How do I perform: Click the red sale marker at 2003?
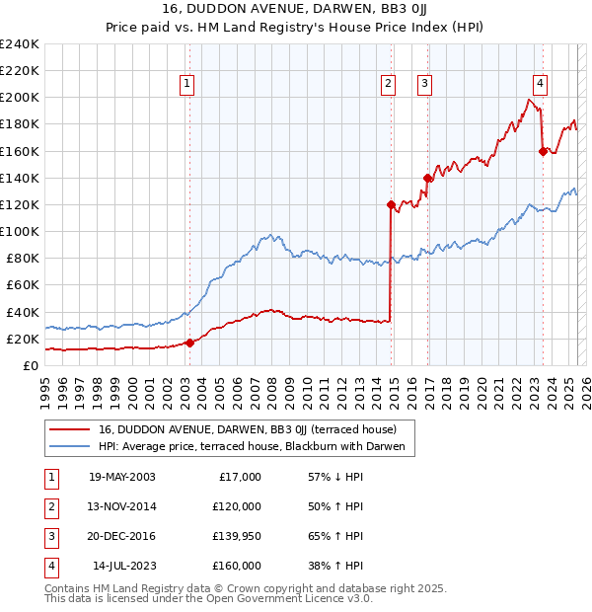[x=189, y=343]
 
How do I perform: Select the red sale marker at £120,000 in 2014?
[x=391, y=205]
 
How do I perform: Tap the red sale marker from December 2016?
[x=427, y=179]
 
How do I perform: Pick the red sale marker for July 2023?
[x=543, y=151]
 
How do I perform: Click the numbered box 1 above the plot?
[x=186, y=85]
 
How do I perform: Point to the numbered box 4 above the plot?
[x=541, y=85]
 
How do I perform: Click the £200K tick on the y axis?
[x=20, y=98]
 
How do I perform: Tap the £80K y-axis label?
[x=22, y=259]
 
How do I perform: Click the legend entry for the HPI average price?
[x=251, y=446]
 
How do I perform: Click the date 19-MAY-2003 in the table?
[x=121, y=477]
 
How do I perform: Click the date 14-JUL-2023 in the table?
[x=123, y=566]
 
